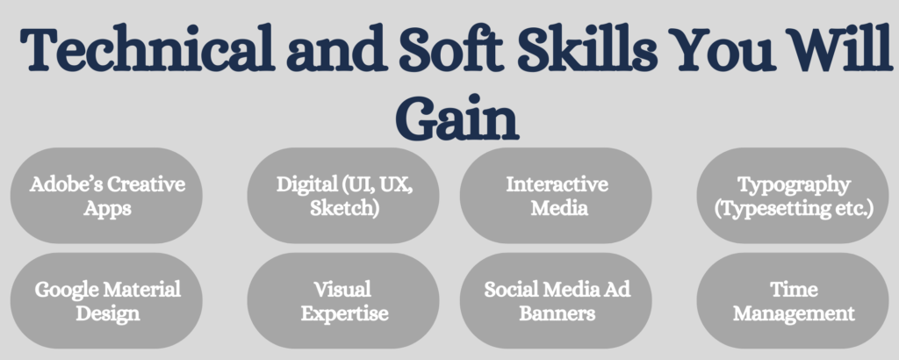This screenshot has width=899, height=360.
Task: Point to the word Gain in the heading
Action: (457, 118)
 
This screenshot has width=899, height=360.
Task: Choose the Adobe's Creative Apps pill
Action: (106, 196)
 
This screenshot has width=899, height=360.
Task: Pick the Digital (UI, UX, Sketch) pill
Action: (343, 196)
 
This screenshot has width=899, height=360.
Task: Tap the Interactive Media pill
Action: (556, 196)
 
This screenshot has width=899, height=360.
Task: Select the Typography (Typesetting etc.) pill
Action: (793, 196)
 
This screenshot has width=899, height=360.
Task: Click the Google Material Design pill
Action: (106, 300)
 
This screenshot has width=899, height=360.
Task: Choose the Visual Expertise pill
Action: (343, 300)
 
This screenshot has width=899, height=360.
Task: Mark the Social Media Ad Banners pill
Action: (556, 300)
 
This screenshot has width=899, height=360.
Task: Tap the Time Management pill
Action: (793, 300)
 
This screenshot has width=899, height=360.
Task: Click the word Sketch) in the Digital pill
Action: (344, 208)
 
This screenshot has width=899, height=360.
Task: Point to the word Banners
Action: (557, 313)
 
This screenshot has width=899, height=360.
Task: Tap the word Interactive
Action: (557, 184)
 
